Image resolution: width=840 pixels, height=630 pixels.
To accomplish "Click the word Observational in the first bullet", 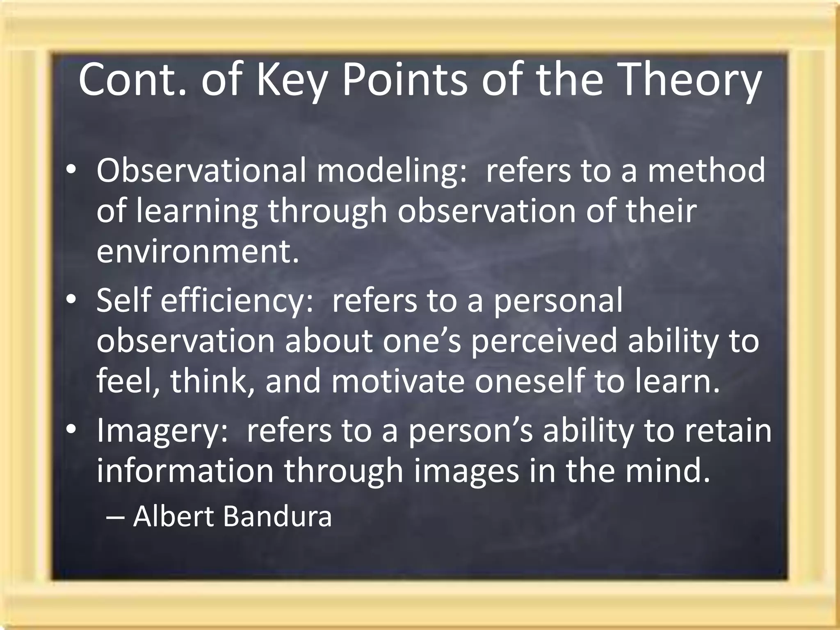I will click(x=201, y=170).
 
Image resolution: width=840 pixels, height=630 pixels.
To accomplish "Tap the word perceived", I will click(x=543, y=342).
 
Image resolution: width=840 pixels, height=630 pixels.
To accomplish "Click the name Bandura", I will click(x=277, y=516).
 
